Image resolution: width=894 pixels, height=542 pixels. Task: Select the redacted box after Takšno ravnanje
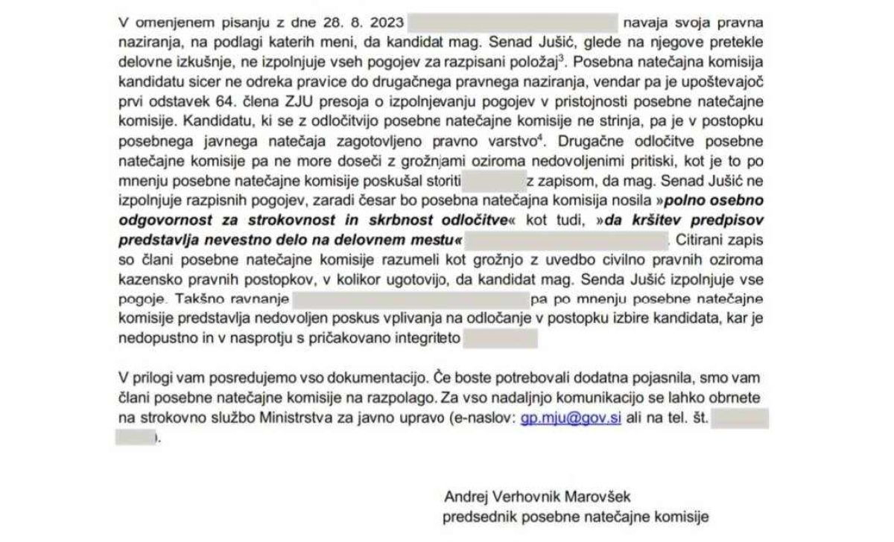[410, 300]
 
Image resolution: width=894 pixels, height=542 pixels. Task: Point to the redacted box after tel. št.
[739, 419]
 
